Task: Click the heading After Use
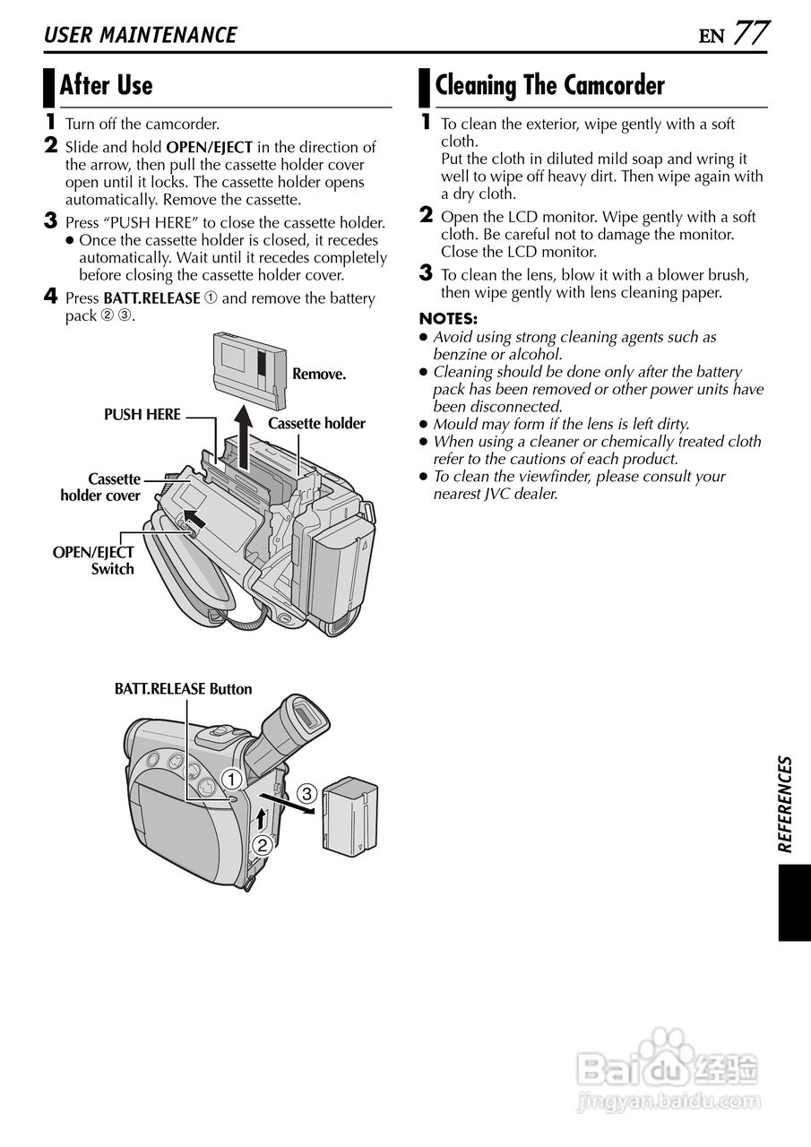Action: pos(106,86)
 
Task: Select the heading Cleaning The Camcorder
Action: pos(549,86)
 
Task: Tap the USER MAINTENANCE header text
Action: pos(141,35)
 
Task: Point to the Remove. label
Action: pos(319,374)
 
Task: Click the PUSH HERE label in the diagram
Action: pos(142,415)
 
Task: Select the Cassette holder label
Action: pos(316,423)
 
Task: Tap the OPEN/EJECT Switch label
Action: pos(93,561)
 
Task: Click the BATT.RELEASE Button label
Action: pos(183,689)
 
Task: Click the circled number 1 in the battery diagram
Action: pos(231,777)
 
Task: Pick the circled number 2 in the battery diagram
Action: pos(262,844)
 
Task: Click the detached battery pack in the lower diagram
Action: pos(349,815)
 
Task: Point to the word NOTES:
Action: pos(448,319)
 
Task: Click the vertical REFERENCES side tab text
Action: pos(785,804)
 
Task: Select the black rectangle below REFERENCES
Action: pos(794,902)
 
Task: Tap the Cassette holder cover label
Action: pos(100,487)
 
